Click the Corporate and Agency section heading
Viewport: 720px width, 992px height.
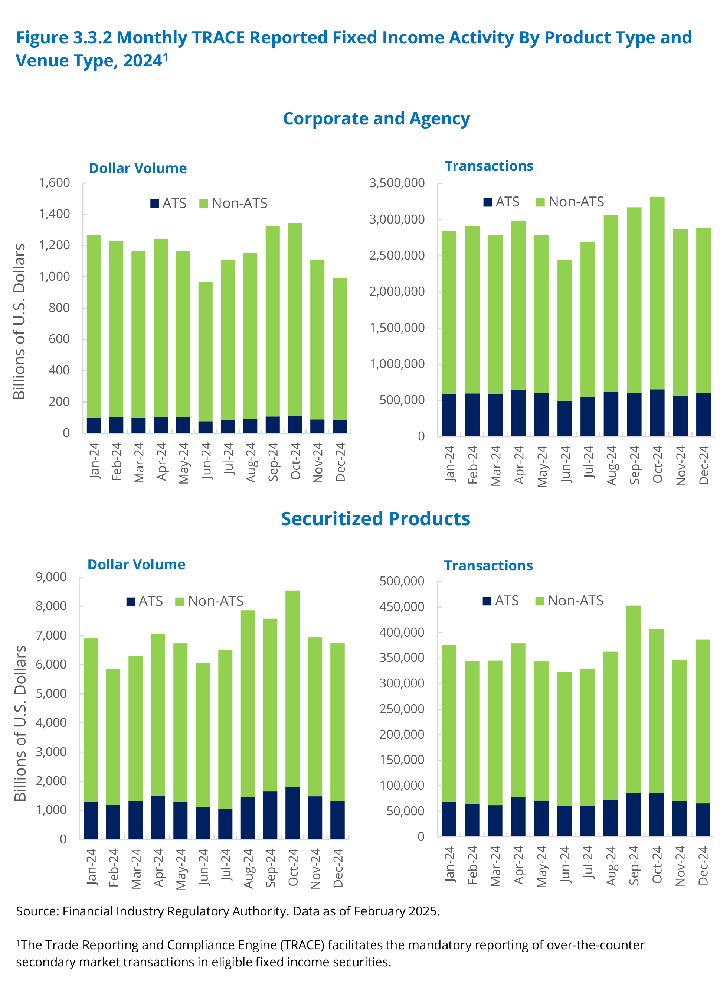tap(376, 119)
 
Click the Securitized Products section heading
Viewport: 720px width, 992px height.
tap(375, 519)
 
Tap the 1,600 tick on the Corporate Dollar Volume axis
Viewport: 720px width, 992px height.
tap(54, 183)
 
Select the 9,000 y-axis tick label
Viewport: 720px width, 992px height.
tap(51, 578)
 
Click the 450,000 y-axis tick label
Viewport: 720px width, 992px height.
tap(401, 606)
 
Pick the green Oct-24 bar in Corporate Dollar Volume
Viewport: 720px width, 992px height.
tap(295, 319)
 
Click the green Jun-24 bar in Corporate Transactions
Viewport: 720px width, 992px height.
tap(564, 330)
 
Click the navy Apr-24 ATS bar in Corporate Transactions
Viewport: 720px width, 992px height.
tap(518, 413)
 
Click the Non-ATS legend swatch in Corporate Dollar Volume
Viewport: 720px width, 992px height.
tap(203, 204)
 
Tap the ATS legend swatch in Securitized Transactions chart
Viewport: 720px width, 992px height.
tap(487, 601)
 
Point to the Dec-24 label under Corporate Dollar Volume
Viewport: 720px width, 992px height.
tap(340, 462)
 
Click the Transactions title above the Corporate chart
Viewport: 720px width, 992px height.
tap(489, 166)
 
